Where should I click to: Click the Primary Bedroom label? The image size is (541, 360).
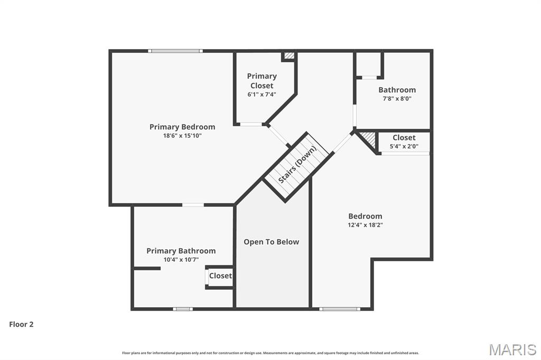tap(182, 127)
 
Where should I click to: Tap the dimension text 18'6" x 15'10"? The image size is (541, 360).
tap(182, 136)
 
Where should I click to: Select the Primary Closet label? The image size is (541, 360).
tap(262, 81)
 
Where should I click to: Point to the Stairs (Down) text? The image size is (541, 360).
tap(297, 165)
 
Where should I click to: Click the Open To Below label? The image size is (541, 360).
tap(271, 242)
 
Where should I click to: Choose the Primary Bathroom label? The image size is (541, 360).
tap(181, 251)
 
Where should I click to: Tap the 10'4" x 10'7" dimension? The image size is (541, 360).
tap(181, 260)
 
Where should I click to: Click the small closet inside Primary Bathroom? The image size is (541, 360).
tap(220, 276)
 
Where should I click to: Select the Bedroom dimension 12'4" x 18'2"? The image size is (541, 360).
tap(365, 225)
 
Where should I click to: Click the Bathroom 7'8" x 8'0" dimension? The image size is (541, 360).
tap(397, 98)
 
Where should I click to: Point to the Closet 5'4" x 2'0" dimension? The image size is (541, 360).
tap(404, 147)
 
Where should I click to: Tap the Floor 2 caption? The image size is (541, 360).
tap(21, 325)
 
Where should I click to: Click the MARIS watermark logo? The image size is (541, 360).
tap(512, 349)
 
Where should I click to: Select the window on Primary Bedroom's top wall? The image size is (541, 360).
tap(175, 51)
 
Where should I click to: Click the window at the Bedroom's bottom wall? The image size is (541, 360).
tap(340, 309)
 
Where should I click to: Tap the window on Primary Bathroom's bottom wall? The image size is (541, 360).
tap(182, 309)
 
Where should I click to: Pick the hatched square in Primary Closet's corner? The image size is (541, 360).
tap(289, 55)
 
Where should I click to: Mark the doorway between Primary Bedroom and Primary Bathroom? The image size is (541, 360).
tap(193, 205)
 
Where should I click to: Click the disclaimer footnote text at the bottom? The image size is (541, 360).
tap(270, 353)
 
